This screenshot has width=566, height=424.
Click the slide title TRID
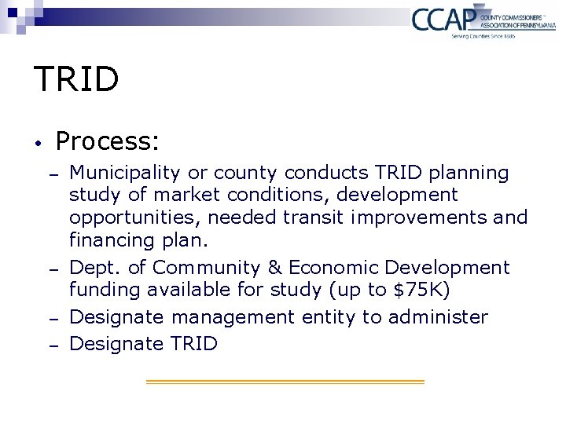pyautogui.click(x=76, y=79)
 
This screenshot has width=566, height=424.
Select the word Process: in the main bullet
pyautogui.click(x=108, y=141)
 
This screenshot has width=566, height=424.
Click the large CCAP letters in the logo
pyautogui.click(x=443, y=19)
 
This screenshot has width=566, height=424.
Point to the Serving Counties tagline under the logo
pyautogui.click(x=483, y=36)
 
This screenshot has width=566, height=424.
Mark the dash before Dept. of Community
pyautogui.click(x=53, y=269)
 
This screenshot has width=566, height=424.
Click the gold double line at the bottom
pyautogui.click(x=285, y=382)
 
